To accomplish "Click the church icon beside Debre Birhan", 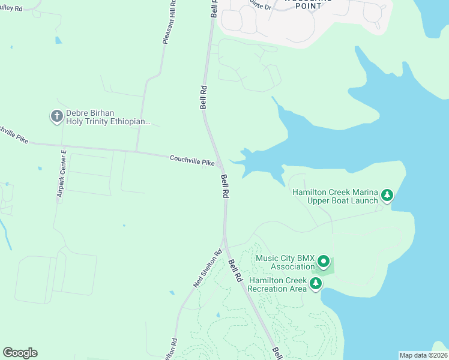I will point(57,116).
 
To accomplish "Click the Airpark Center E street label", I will point(61,176).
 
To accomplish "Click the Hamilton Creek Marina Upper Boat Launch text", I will point(335,196).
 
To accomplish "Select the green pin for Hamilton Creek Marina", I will point(387,195).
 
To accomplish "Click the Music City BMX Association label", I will point(285,262).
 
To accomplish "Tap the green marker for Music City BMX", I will point(324,261).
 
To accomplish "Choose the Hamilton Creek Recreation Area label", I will point(278,284).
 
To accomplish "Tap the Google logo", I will point(20,353).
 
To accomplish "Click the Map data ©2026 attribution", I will point(423,355).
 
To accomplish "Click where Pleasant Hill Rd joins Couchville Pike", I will point(137,150).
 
